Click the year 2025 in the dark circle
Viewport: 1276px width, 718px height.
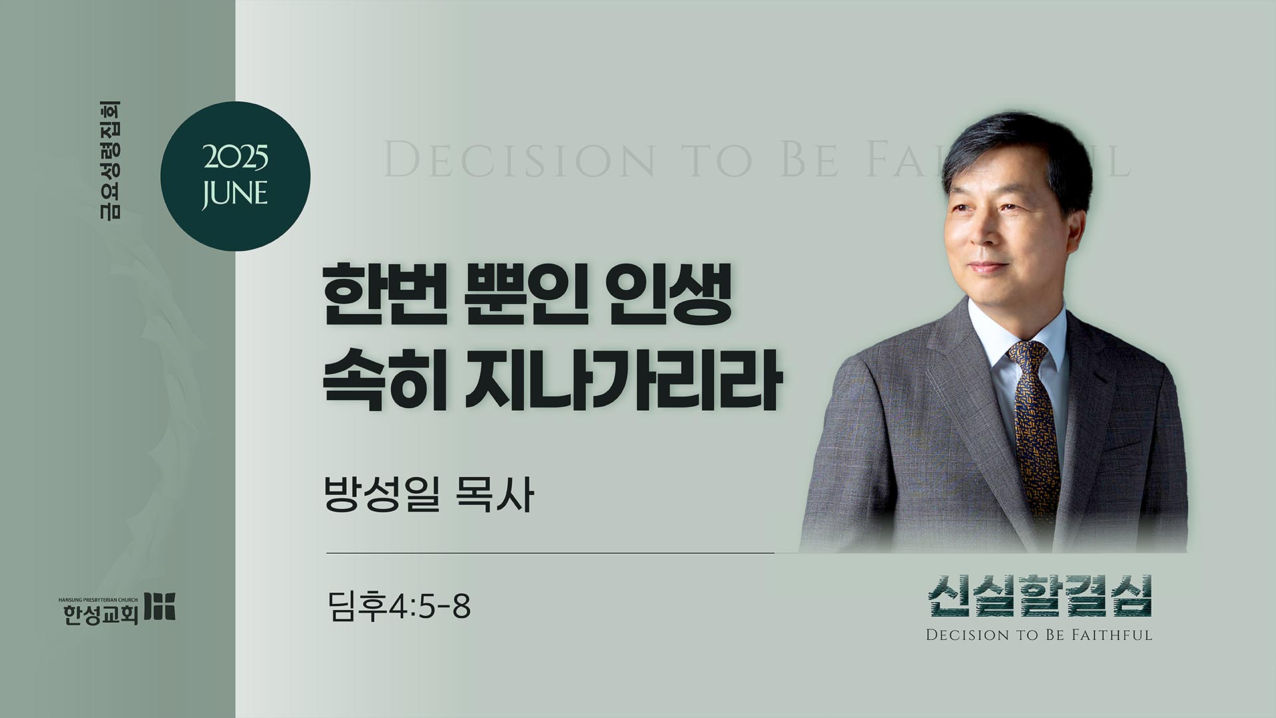(x=235, y=160)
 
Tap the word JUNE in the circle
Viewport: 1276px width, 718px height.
(x=235, y=193)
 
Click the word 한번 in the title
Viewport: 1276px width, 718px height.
(x=377, y=303)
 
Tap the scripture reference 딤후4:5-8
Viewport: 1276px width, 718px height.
(x=399, y=606)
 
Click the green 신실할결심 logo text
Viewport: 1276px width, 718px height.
(x=1040, y=596)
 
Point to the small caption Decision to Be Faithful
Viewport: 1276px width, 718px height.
(x=1039, y=635)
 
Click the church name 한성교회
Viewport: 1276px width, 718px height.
(x=100, y=615)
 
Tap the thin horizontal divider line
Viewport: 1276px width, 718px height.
(x=550, y=552)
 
